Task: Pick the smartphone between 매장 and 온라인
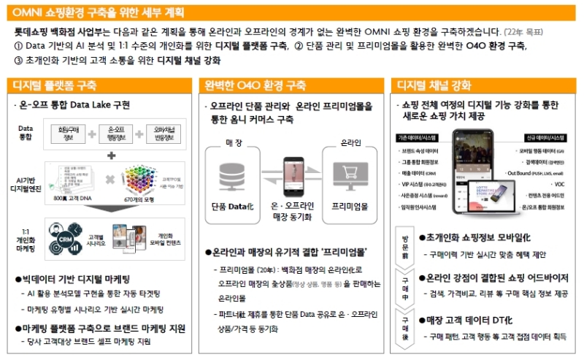[x=291, y=172]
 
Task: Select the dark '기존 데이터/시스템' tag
[x=418, y=137]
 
